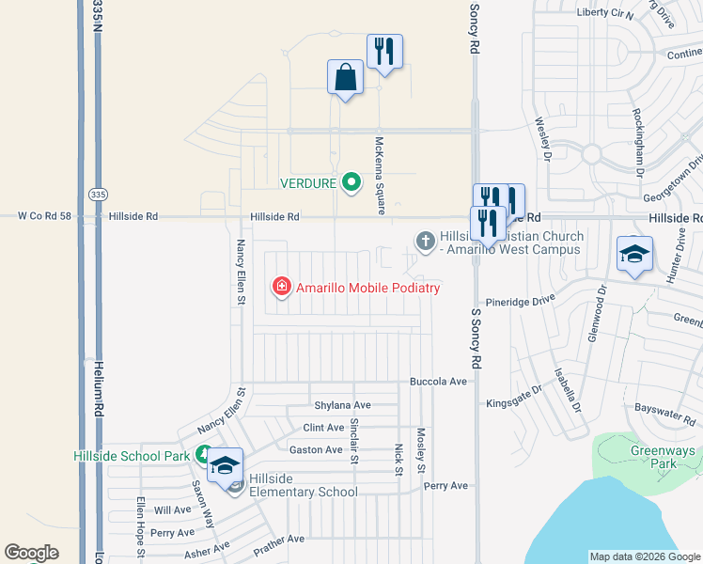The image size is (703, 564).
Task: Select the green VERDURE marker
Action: (x=351, y=181)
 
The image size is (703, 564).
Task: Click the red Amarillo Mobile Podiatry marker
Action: (x=281, y=287)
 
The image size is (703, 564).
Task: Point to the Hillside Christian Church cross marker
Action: (x=425, y=242)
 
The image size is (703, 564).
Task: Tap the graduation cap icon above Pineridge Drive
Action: (x=634, y=254)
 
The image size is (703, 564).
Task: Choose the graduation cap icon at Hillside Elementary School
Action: (x=225, y=465)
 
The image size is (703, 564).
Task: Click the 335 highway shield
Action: (x=98, y=194)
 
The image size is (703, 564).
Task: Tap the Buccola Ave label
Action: (x=438, y=382)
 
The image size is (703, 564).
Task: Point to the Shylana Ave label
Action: (x=342, y=405)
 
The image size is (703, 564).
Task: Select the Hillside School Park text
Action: (x=132, y=456)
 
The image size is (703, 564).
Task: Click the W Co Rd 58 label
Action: (x=45, y=216)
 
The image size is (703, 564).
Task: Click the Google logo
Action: (x=31, y=553)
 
